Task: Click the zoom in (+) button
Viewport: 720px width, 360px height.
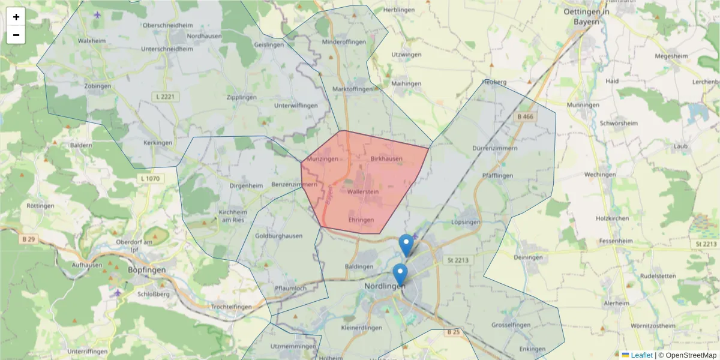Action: click(16, 17)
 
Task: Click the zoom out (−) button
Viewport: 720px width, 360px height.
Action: click(16, 35)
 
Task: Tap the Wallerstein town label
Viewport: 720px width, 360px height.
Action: click(363, 191)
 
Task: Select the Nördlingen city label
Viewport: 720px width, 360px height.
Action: click(385, 286)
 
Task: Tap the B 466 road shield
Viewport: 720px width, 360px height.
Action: click(524, 116)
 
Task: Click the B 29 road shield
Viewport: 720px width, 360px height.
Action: click(28, 239)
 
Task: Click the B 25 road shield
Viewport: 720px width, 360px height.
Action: click(453, 332)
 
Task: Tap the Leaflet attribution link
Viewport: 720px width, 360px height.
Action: click(641, 355)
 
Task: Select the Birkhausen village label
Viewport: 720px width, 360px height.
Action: click(386, 159)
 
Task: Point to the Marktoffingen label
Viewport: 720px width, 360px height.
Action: click(353, 89)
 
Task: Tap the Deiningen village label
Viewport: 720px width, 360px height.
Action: click(529, 257)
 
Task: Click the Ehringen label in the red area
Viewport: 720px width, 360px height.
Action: click(361, 220)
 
